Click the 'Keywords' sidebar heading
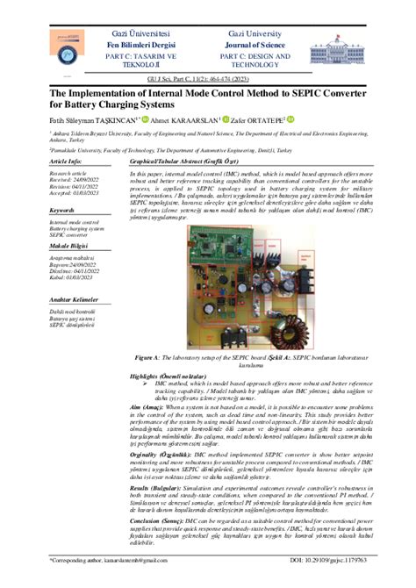[x=65, y=211]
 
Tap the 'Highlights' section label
[x=146, y=376]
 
